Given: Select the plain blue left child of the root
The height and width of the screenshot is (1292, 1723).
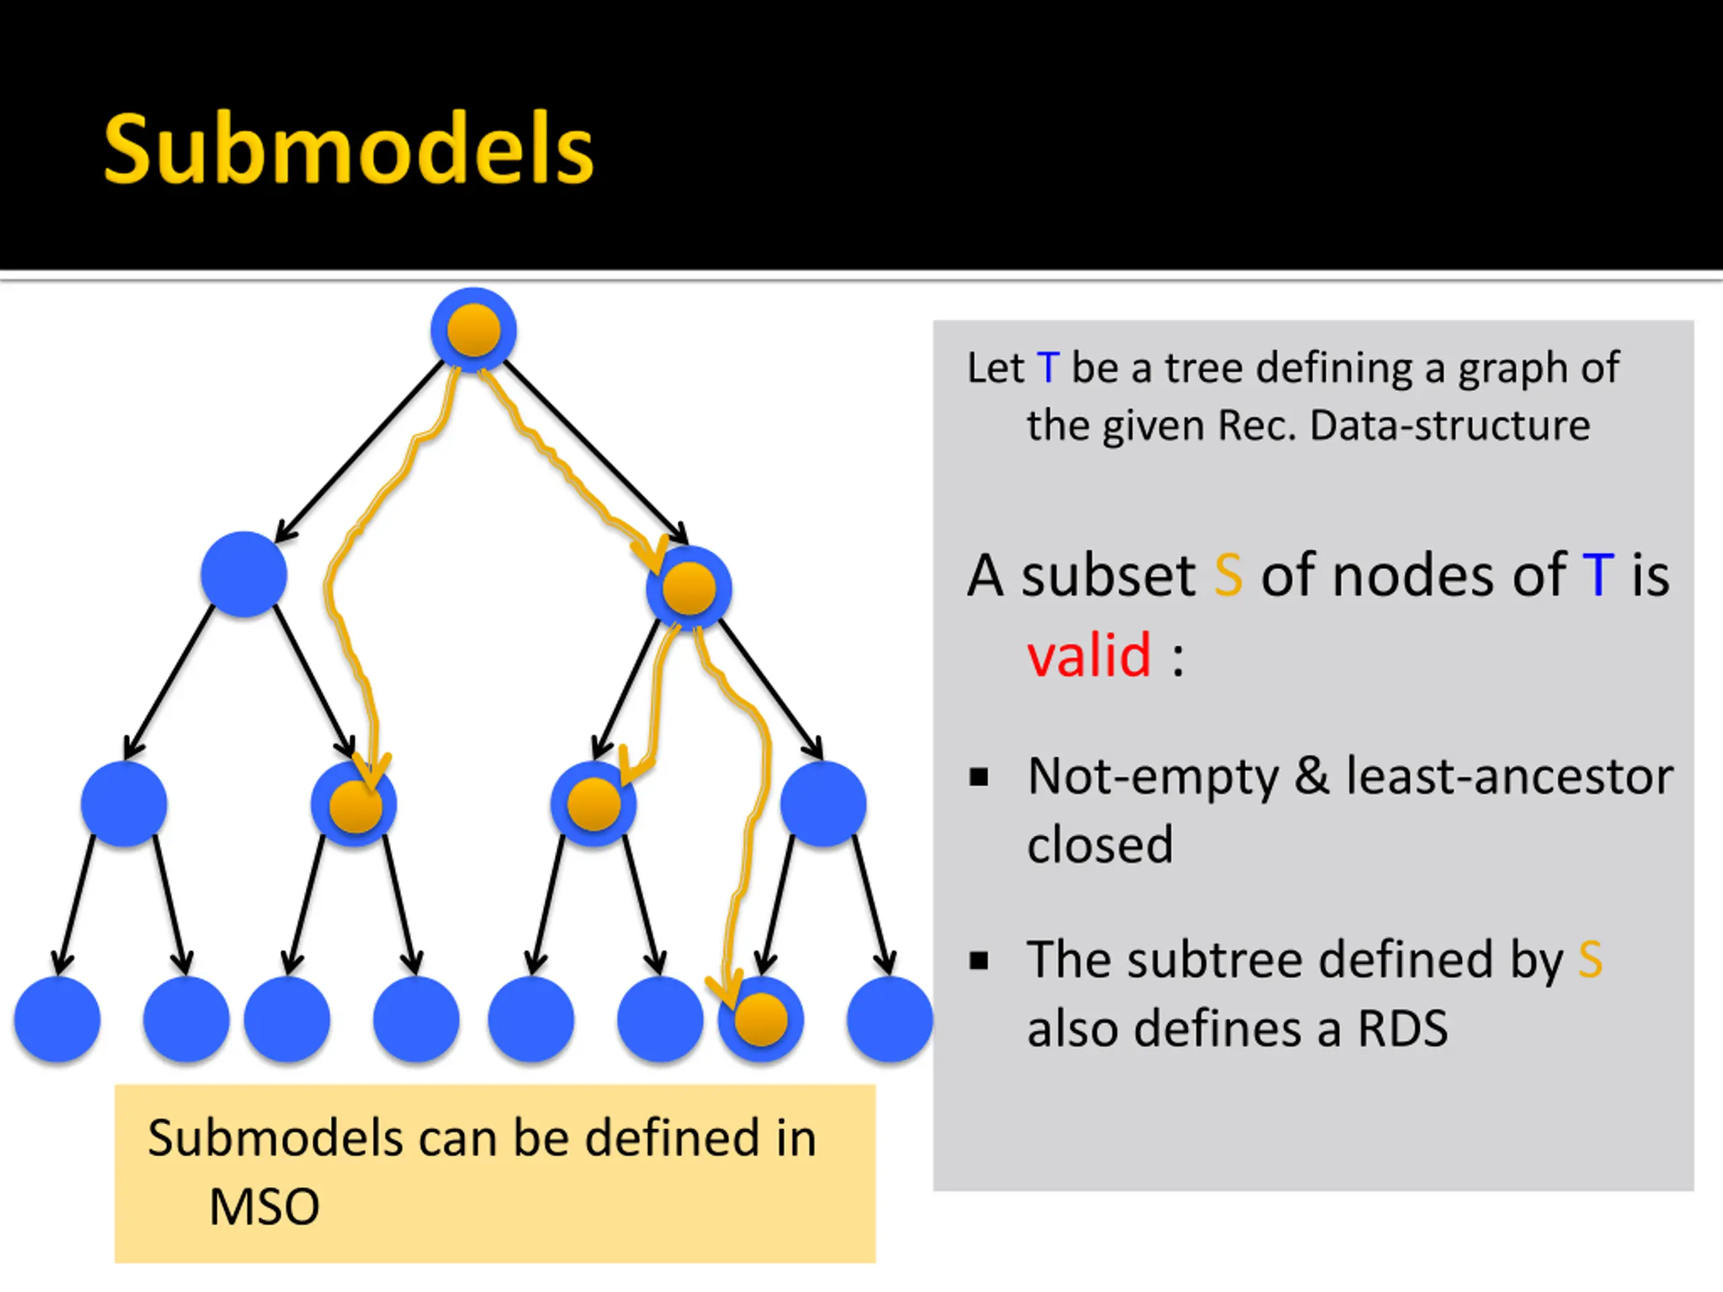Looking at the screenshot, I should point(244,575).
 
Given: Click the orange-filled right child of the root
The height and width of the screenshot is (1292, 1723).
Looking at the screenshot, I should point(689,589).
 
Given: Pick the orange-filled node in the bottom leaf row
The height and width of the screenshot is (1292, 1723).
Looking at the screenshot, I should point(761,1019).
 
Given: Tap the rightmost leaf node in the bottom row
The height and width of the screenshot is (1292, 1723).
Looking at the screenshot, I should point(890,1019).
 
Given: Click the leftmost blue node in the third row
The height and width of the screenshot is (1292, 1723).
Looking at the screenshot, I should point(124,803).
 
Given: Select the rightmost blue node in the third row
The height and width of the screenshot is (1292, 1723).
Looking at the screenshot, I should point(823,803).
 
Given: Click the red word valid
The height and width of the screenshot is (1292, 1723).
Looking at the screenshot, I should point(1089,655).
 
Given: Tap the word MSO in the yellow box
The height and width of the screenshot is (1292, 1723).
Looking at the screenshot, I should point(264,1207).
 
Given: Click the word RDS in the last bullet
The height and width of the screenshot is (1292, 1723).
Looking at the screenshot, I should point(1402,1028).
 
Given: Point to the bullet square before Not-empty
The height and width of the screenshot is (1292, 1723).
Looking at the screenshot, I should point(979,777).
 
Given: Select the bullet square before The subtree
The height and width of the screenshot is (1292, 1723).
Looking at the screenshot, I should point(979,961).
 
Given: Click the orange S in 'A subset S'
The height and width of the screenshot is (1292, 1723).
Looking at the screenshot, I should point(1228,575).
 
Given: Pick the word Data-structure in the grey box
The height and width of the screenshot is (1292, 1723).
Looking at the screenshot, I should point(1450,425).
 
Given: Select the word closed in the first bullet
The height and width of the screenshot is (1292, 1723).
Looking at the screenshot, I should point(1100,845).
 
